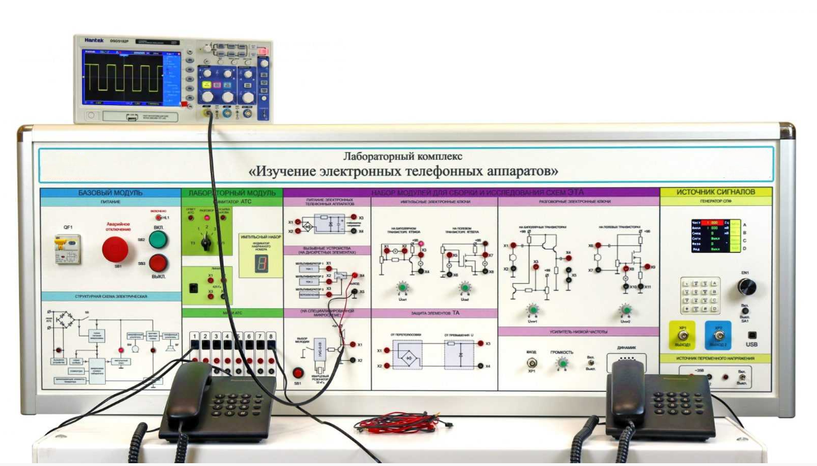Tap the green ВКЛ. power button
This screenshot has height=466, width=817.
[158, 240]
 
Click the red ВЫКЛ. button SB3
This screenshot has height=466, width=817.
[158, 263]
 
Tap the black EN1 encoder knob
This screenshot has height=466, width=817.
[746, 287]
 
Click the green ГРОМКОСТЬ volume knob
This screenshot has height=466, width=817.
[561, 363]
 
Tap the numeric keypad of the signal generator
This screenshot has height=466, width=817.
[700, 294]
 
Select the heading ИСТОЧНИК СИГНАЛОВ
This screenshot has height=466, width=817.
[715, 192]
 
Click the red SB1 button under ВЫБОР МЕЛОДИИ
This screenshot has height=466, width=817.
[298, 373]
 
